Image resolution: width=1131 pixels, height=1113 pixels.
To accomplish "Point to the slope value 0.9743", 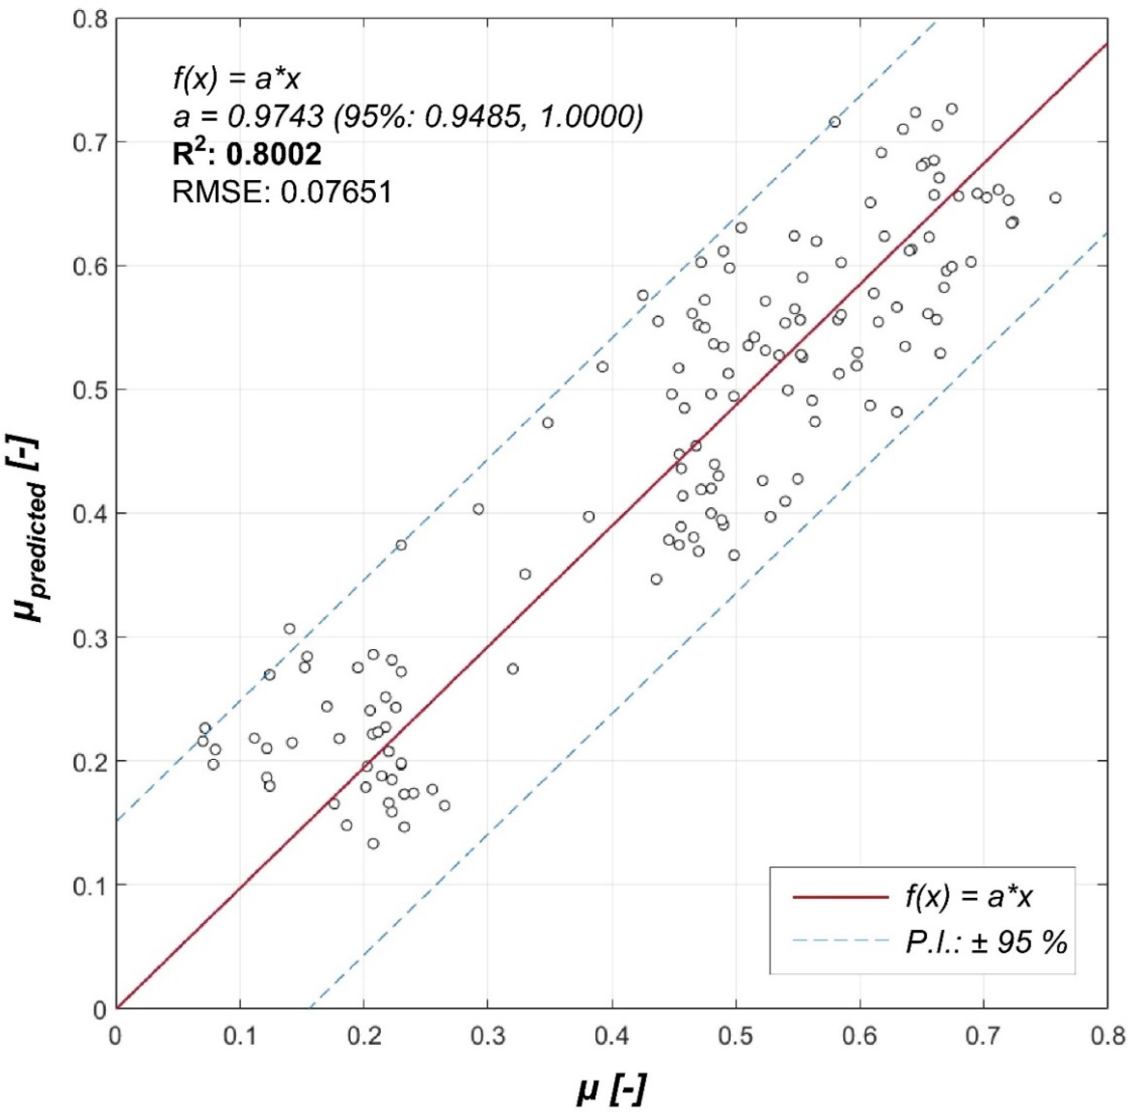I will pos(275,118).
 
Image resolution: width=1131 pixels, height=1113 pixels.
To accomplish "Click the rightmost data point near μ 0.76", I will pos(1055,198).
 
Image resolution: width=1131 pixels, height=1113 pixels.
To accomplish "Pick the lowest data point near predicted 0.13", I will pos(373,844).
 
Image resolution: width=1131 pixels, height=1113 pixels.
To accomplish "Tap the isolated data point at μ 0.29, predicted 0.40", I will pos(478,509).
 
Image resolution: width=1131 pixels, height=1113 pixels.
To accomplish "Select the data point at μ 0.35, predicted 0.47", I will pos(547,422).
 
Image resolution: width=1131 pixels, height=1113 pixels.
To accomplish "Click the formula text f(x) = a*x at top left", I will pos(236,80).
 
